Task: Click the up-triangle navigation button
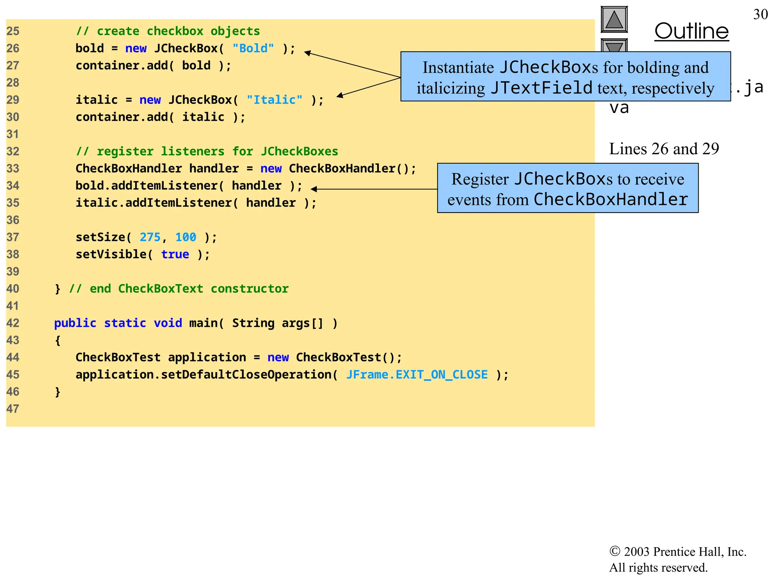click(614, 20)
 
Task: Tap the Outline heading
click(692, 31)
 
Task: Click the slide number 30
click(760, 14)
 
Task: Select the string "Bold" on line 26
click(253, 48)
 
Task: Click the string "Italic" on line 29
click(274, 100)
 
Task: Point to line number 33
click(13, 169)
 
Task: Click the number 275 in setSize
click(150, 237)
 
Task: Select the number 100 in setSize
click(186, 237)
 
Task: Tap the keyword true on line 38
click(175, 254)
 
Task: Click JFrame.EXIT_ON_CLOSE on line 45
click(417, 375)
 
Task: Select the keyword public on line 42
click(75, 323)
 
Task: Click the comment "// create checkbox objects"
click(168, 31)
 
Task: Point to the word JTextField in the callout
click(541, 88)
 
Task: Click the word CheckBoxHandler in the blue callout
click(610, 199)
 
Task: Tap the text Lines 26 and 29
click(664, 149)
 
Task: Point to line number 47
click(13, 409)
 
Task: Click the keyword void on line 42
click(167, 323)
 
